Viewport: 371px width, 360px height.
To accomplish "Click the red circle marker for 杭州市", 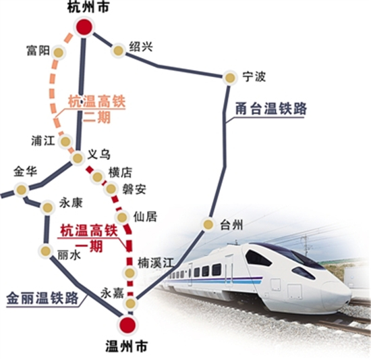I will coord(84,28).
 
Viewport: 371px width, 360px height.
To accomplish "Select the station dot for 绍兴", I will coord(118,49).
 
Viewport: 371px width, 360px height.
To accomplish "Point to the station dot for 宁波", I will coord(230,78).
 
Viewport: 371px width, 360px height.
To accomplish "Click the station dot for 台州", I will coord(209,225).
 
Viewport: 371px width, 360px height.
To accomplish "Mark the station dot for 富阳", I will coord(59,52).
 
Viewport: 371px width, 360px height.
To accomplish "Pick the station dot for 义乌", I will coord(78,158).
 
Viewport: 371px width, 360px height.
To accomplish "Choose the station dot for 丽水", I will coord(46,251).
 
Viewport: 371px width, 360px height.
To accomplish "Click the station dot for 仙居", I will coord(123,217).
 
